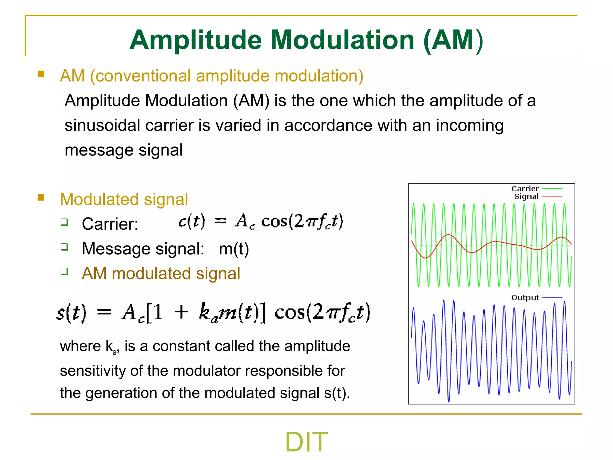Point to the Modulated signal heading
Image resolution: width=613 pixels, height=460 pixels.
[x=124, y=199]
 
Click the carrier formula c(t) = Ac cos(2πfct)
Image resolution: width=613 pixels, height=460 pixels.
[x=260, y=222]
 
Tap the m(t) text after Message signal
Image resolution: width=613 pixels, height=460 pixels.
[x=234, y=249]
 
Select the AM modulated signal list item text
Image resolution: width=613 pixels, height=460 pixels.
[x=161, y=273]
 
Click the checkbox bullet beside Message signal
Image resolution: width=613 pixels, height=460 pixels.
[x=64, y=247]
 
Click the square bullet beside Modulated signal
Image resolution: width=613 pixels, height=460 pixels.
[x=41, y=197]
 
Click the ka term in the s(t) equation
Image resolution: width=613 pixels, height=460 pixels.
[x=208, y=313]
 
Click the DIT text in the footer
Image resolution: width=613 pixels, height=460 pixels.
[x=306, y=442]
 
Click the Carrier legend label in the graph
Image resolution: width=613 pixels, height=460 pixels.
[x=525, y=189]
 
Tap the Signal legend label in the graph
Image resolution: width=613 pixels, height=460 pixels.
[x=526, y=196]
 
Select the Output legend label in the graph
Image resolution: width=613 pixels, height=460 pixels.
[x=525, y=298]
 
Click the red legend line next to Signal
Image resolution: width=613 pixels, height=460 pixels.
[x=552, y=196]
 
